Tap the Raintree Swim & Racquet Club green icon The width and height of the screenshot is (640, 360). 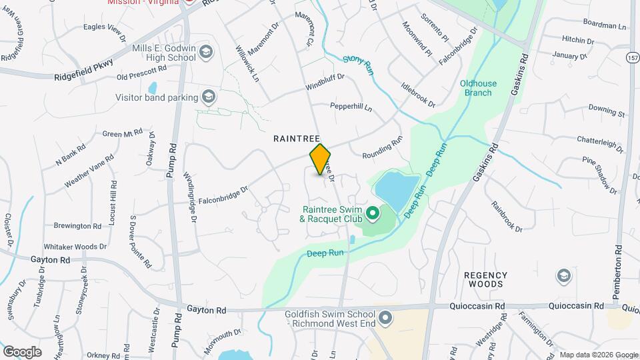(373, 213)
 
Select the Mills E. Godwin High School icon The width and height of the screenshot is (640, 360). (206, 52)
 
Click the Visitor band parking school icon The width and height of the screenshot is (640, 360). (210, 97)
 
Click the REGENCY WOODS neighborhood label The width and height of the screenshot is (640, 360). (485, 279)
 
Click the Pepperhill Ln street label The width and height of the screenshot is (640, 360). (351, 107)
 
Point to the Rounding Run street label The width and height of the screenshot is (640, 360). (383, 148)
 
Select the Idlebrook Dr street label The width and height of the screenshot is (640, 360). (418, 95)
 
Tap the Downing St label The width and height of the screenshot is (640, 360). (607, 111)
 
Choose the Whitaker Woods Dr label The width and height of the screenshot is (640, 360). (75, 247)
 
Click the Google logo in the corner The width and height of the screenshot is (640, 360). (22, 351)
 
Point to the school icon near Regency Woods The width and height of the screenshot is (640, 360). (563, 276)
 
